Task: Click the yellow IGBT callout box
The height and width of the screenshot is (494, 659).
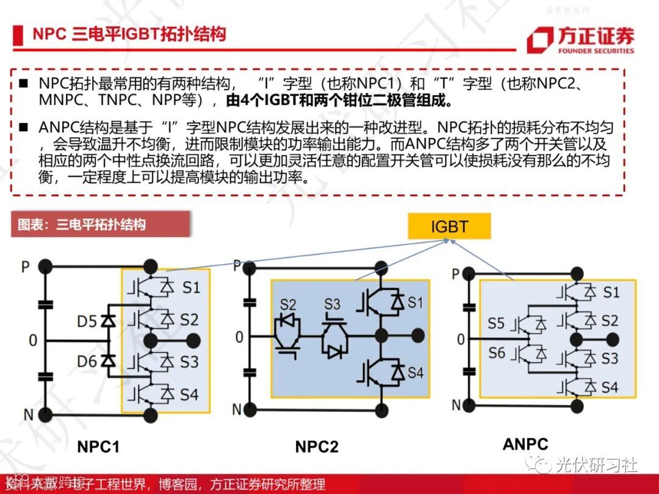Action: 449,227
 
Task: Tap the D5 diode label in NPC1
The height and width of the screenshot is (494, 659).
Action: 87,320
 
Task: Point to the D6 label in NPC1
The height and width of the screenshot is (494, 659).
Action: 87,362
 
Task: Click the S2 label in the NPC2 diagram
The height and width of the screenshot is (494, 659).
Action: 288,304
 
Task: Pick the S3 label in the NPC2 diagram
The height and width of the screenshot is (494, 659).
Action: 332,304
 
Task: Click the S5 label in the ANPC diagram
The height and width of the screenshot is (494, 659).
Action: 496,323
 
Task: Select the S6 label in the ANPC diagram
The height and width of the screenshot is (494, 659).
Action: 496,353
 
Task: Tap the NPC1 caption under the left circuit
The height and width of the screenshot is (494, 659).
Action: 98,446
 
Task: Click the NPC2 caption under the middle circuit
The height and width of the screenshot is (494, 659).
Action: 316,446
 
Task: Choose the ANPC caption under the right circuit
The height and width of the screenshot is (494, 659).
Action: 525,444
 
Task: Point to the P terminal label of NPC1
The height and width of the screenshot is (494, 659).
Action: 26,267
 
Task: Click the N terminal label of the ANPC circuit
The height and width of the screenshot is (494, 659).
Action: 456,404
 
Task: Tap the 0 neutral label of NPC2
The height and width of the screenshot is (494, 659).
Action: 239,337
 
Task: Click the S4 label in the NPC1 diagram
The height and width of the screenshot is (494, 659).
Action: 189,394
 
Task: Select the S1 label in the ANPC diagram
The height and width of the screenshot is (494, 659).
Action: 611,292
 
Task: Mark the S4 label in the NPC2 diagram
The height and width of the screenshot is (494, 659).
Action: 416,371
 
